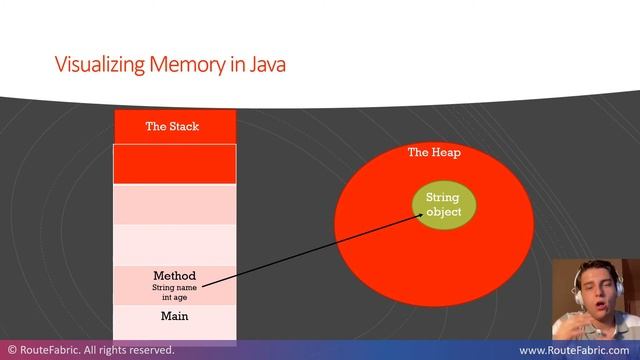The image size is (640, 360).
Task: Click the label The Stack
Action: click(x=174, y=127)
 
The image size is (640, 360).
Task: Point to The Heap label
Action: click(x=434, y=153)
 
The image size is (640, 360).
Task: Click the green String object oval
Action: click(x=443, y=205)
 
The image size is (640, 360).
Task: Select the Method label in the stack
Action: click(x=174, y=276)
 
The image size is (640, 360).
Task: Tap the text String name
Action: click(x=174, y=288)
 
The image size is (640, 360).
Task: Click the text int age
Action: click(x=174, y=297)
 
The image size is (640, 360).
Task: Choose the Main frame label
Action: click(x=174, y=317)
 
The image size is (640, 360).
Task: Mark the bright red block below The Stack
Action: click(x=175, y=164)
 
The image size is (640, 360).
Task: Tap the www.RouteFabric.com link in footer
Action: click(x=575, y=351)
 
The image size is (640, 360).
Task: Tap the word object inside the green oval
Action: click(x=443, y=212)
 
